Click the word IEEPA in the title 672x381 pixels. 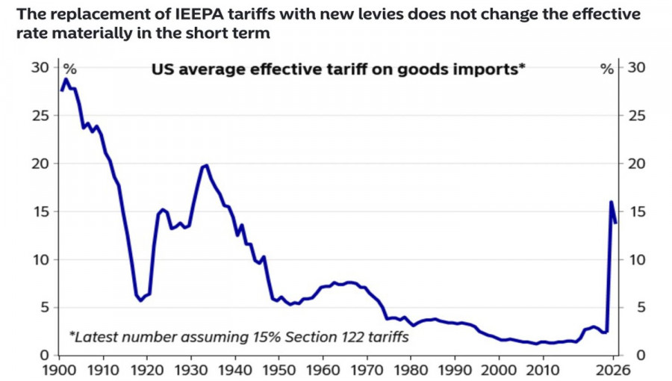tap(184, 13)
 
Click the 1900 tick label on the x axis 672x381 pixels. tap(59, 369)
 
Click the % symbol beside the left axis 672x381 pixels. tap(69, 69)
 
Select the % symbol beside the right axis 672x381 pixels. tap(607, 69)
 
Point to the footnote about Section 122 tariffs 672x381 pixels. tap(239, 337)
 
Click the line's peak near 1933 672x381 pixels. tap(206, 165)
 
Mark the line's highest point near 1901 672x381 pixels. tap(66, 78)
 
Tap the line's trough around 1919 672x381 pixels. tap(140, 300)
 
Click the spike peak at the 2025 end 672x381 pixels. tap(612, 202)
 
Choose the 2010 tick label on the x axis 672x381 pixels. tap(544, 369)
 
